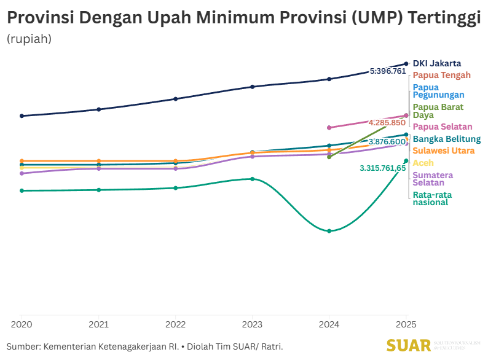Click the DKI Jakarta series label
point(436,63)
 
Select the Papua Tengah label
point(441,75)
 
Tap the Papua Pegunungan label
point(438,91)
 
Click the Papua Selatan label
point(442,127)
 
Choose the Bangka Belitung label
point(446,139)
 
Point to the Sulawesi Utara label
point(443,151)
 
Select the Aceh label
point(423,163)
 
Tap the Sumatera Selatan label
point(433,179)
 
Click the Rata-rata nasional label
point(431,198)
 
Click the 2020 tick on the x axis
point(22,324)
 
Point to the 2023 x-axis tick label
point(252,324)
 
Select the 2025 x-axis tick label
point(406,324)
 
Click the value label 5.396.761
point(388,71)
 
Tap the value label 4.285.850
point(387,122)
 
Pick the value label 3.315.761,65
point(382,168)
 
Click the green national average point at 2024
point(329,231)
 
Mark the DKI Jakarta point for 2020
point(22,115)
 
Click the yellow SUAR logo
point(409,345)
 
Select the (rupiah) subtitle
point(29,39)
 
